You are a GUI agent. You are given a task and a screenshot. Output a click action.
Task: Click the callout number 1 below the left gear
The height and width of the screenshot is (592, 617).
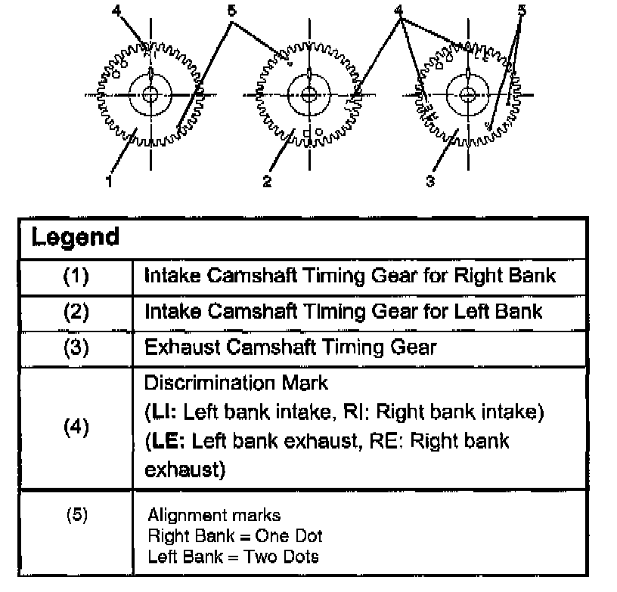pyautogui.click(x=109, y=180)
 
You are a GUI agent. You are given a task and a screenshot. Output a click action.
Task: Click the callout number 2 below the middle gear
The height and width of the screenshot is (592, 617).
pyautogui.click(x=267, y=181)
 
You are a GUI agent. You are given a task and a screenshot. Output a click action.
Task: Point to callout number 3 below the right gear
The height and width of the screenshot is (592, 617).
pyautogui.click(x=430, y=181)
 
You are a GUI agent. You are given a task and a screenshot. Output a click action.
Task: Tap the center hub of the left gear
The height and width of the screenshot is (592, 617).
pyautogui.click(x=150, y=94)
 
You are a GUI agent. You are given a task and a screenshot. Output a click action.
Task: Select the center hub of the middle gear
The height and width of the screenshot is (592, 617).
pyautogui.click(x=309, y=94)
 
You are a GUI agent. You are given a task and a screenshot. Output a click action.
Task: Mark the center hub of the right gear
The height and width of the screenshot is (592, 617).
pyautogui.click(x=468, y=94)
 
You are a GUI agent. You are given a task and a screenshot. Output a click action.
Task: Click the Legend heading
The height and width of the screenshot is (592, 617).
pyautogui.click(x=75, y=237)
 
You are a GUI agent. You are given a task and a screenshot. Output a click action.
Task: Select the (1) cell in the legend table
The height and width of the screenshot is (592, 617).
pyautogui.click(x=76, y=276)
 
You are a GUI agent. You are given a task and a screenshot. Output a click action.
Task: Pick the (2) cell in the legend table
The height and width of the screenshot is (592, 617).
pyautogui.click(x=76, y=312)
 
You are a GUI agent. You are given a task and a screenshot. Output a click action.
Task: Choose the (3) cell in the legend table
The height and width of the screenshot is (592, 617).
pyautogui.click(x=76, y=347)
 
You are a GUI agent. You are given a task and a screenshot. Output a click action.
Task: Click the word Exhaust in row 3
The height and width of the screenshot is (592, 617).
pyautogui.click(x=182, y=347)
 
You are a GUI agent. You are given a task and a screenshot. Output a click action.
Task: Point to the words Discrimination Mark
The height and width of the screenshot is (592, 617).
pyautogui.click(x=236, y=383)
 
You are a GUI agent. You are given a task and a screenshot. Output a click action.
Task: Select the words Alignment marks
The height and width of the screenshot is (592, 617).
pyautogui.click(x=214, y=515)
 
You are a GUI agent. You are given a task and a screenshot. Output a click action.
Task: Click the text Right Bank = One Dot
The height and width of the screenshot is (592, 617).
pyautogui.click(x=235, y=536)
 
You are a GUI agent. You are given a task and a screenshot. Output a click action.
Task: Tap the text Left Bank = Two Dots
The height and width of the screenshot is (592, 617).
pyautogui.click(x=234, y=557)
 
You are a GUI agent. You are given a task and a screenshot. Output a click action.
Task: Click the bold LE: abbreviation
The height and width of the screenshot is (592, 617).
pyautogui.click(x=166, y=441)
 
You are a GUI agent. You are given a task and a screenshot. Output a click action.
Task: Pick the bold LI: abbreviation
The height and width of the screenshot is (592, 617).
pyautogui.click(x=161, y=412)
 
